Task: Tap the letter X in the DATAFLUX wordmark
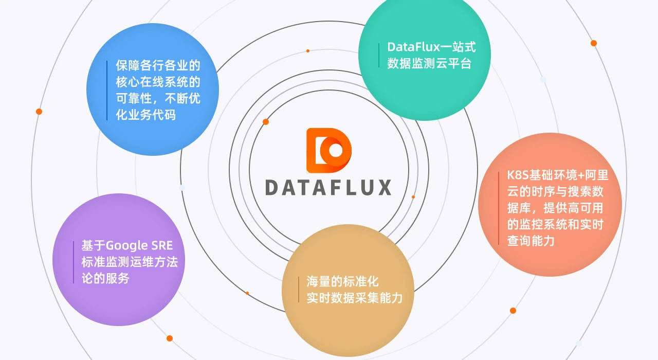[x=385, y=188]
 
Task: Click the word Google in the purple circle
[x=126, y=246]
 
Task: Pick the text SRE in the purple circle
[x=162, y=245]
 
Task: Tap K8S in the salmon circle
[x=518, y=175]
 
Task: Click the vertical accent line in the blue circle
[x=107, y=90]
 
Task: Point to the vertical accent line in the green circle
[x=379, y=55]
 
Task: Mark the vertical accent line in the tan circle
[x=299, y=290]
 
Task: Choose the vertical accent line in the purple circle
[x=74, y=262]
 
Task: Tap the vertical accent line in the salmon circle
[x=499, y=208]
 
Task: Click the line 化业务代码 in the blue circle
[x=146, y=115]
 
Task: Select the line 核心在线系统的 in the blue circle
[x=158, y=82]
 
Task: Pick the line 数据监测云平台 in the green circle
[x=429, y=63]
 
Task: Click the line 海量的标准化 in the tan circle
[x=342, y=281]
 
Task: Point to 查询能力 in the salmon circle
[x=531, y=241]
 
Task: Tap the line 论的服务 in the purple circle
[x=105, y=278]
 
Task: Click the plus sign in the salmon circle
[x=581, y=175]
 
